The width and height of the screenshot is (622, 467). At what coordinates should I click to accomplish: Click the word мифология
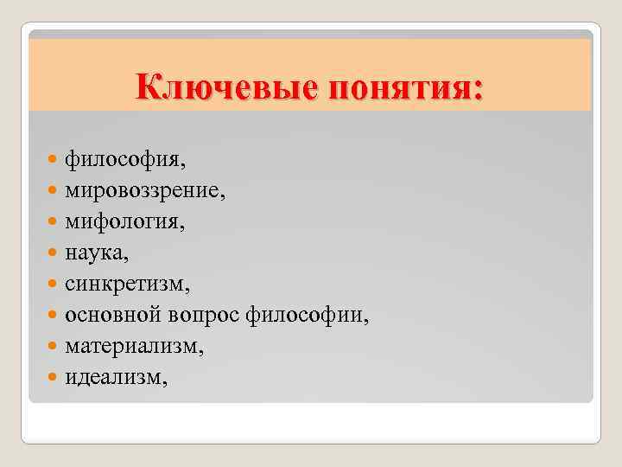click(x=122, y=222)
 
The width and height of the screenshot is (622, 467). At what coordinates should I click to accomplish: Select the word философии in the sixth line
click(x=307, y=315)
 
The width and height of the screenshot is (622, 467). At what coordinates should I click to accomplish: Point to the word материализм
click(x=134, y=346)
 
